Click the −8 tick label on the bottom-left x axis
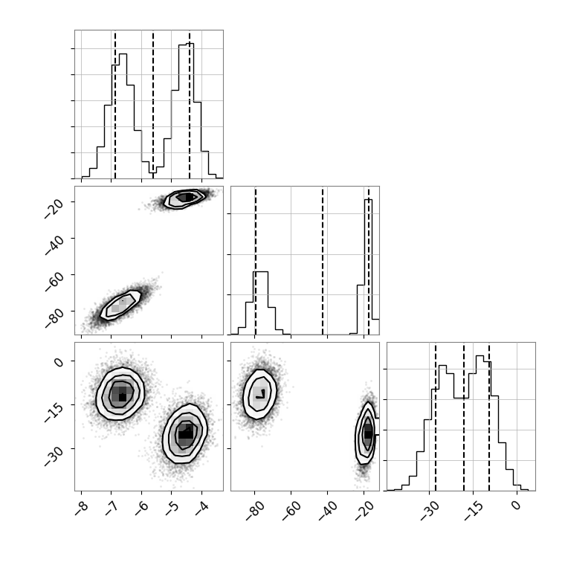(82, 508)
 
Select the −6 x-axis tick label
(141, 508)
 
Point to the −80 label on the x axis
(255, 511)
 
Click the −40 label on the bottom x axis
(328, 511)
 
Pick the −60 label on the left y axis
(54, 281)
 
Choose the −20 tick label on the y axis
(54, 208)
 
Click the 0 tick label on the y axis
(59, 361)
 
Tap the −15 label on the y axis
(54, 412)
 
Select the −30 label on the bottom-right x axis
(430, 511)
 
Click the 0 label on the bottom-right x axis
(517, 506)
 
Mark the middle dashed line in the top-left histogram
(153, 105)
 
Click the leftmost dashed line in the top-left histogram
(115, 105)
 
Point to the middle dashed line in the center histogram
(323, 260)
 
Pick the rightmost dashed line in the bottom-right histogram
(489, 416)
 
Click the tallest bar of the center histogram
(368, 267)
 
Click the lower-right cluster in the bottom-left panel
(185, 434)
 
